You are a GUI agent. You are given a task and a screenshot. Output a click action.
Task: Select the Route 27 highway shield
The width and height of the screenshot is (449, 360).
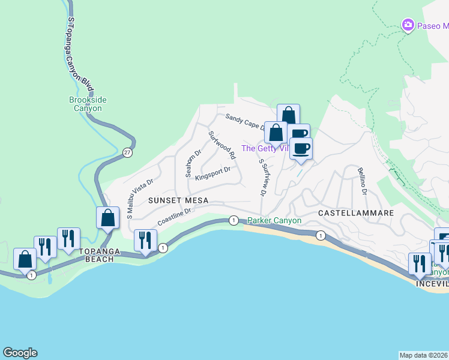(127, 152)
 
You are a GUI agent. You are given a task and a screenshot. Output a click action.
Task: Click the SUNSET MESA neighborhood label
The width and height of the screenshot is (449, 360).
(178, 200)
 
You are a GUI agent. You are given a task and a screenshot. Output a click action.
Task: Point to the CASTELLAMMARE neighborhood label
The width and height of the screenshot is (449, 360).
(355, 213)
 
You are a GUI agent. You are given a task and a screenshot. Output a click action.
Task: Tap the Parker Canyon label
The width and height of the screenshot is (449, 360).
(274, 221)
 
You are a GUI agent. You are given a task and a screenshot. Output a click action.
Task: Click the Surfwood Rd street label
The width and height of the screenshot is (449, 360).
(221, 145)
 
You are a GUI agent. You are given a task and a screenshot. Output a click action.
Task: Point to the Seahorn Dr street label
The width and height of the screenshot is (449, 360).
(193, 163)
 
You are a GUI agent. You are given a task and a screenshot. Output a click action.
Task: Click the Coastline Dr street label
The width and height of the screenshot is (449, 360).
(174, 217)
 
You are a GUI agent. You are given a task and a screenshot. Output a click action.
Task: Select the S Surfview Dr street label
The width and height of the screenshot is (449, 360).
(262, 178)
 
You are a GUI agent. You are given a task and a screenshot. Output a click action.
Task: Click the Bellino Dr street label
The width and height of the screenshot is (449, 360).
(362, 182)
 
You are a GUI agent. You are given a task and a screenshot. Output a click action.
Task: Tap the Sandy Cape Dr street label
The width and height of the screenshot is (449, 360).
(245, 122)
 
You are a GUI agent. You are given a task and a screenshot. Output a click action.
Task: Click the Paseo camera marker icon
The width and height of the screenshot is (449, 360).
(408, 25)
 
